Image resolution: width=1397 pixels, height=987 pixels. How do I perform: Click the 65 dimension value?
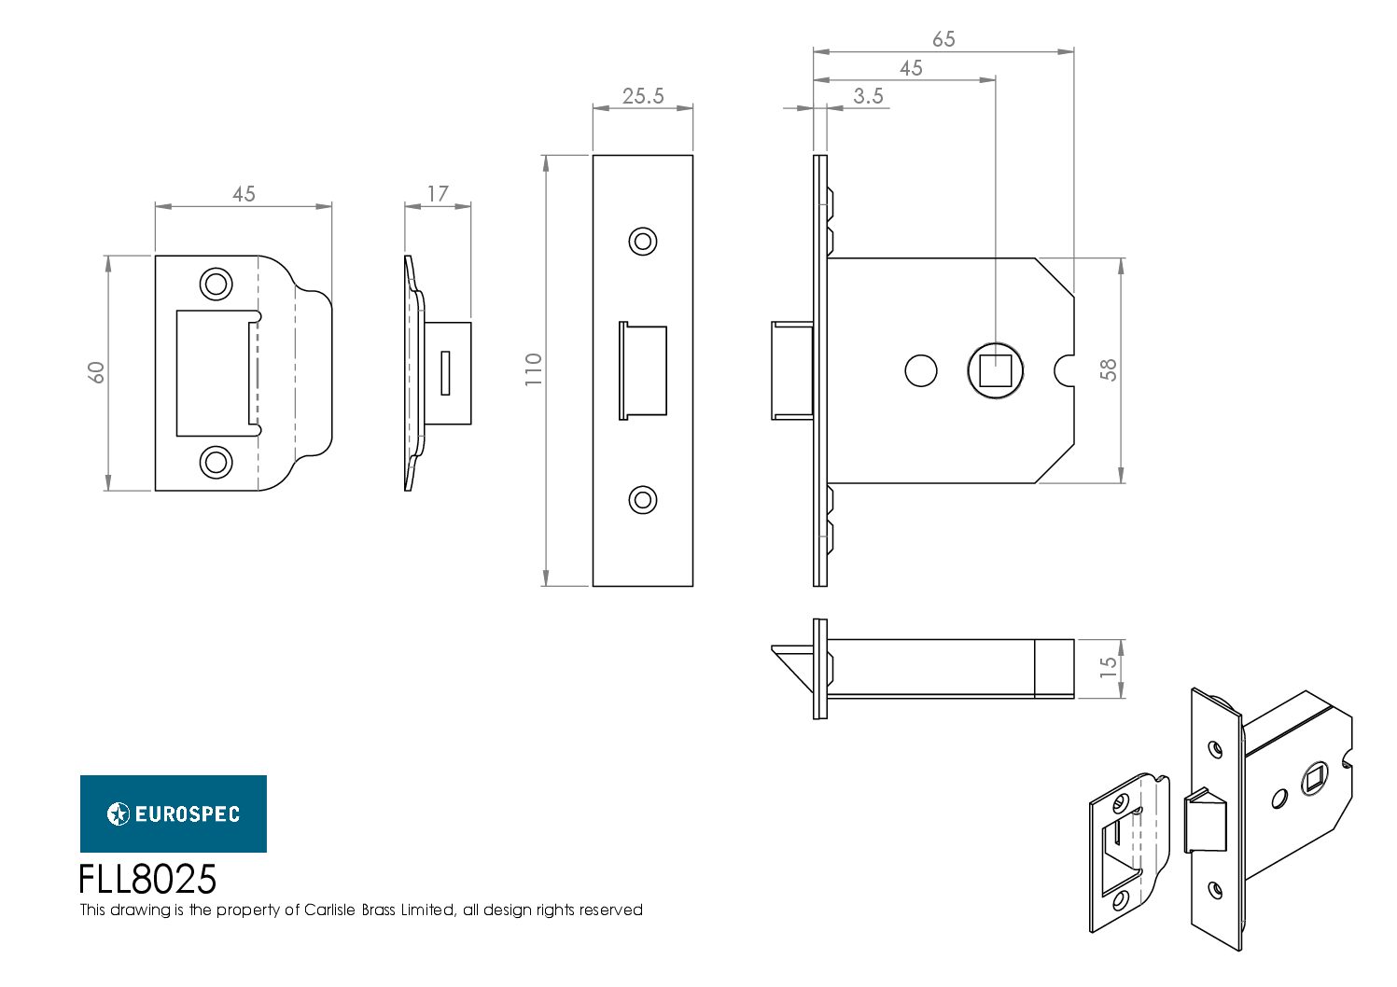tap(943, 39)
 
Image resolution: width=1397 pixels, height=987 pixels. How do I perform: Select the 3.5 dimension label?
tap(868, 96)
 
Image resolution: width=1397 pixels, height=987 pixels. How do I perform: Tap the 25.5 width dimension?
tap(643, 96)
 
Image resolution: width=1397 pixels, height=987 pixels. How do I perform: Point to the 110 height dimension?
tap(534, 369)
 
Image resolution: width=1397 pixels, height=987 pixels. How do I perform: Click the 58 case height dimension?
tap(1109, 370)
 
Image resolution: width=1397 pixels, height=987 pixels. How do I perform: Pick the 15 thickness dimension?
tap(1109, 668)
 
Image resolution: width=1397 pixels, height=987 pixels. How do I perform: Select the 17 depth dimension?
tap(438, 194)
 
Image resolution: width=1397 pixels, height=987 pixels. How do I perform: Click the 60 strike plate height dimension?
tap(96, 372)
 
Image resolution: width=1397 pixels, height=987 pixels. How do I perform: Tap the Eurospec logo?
tap(174, 813)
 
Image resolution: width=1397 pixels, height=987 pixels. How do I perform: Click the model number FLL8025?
tap(147, 880)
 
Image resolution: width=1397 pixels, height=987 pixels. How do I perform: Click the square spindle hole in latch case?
tap(996, 370)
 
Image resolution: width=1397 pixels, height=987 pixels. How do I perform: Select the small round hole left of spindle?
tap(921, 370)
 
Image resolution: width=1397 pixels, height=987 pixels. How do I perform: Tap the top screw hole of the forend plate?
tap(643, 242)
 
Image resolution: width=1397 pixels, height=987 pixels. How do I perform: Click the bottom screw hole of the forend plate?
tap(643, 500)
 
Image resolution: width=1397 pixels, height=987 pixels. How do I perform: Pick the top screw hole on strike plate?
tap(217, 285)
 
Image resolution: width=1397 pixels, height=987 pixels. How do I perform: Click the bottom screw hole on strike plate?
tap(217, 463)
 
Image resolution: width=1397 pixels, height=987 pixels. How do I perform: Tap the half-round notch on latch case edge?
tap(1065, 370)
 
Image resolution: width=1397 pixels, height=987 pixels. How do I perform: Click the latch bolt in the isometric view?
tap(1205, 822)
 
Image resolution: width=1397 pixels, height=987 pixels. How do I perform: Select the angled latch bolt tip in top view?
tap(793, 666)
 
